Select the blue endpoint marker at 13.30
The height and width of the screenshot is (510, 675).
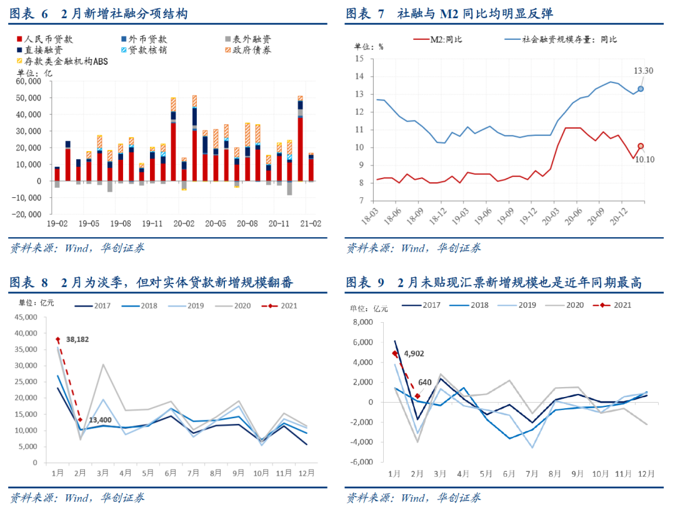pos(641,89)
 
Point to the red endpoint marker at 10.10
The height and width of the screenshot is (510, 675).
pos(641,146)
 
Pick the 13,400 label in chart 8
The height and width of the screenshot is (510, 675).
pos(101,420)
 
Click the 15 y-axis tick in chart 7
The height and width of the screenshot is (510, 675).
pos(359,59)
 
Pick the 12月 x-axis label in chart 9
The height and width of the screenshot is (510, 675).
pos(646,474)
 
